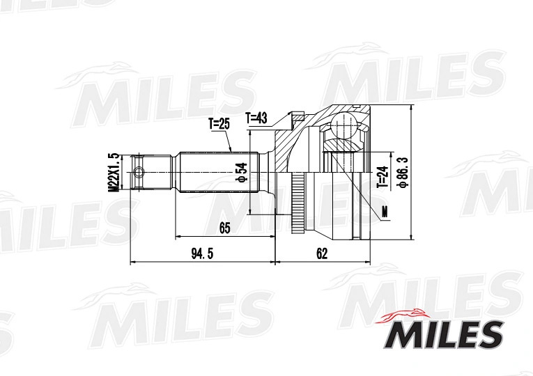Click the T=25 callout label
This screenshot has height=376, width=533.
(x=219, y=125)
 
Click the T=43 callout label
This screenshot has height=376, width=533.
(x=256, y=118)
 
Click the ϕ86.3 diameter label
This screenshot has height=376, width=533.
(x=403, y=171)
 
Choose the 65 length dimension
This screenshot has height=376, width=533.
(x=224, y=228)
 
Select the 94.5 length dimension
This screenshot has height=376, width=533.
(x=202, y=253)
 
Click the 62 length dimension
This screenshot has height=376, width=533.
(x=322, y=253)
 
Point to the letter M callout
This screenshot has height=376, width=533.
(x=385, y=212)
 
